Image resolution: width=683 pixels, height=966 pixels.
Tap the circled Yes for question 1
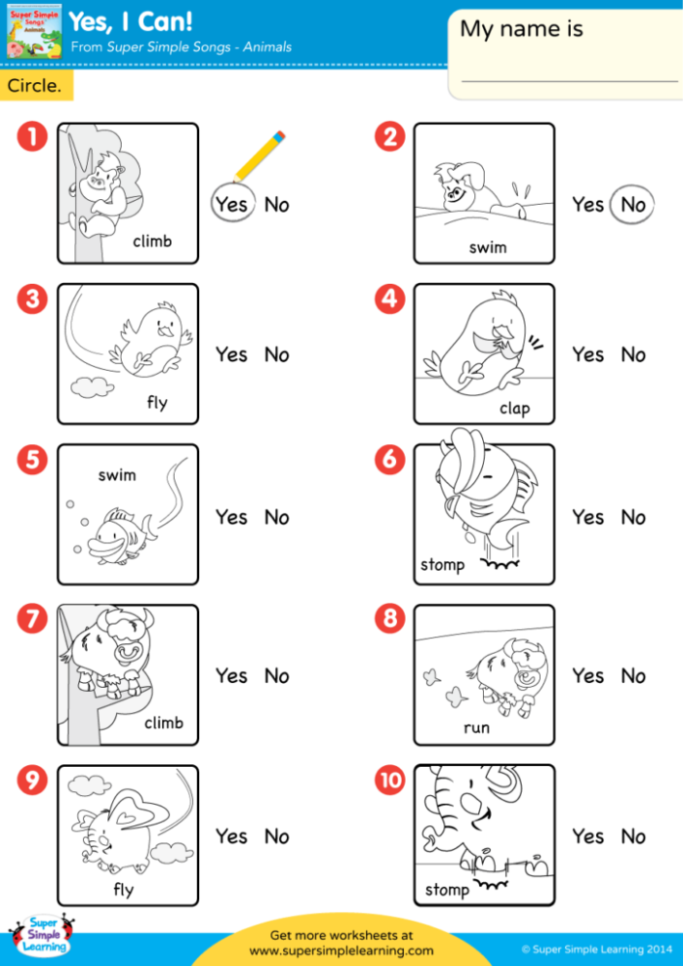tap(232, 205)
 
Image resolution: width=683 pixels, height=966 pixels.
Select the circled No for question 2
tap(633, 205)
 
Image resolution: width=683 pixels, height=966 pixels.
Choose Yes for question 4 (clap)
tap(587, 355)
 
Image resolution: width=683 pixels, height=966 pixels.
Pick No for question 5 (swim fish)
tap(277, 517)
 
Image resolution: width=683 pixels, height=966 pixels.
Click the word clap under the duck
tap(514, 408)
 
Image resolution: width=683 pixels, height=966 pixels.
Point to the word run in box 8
tap(476, 728)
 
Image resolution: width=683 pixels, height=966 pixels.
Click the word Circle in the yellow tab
tap(34, 86)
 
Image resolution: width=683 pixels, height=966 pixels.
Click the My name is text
tap(521, 29)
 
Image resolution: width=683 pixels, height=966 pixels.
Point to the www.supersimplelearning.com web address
tap(341, 949)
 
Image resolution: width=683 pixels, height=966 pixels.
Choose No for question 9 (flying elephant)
tap(277, 836)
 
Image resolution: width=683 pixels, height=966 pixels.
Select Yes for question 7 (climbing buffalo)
tap(231, 675)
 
